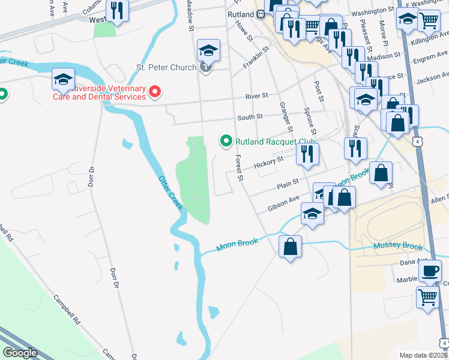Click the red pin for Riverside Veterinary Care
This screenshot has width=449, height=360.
[155, 92]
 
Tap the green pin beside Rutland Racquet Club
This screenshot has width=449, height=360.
[226, 142]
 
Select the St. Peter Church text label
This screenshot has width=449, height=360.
[166, 67]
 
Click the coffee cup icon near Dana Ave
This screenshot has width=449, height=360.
[429, 270]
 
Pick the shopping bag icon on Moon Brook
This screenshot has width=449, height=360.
[290, 246]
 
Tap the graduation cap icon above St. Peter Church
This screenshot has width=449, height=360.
[208, 50]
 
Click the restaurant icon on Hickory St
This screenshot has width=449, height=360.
[308, 154]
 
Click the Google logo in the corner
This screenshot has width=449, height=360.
[20, 353]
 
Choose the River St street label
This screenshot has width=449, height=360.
[256, 96]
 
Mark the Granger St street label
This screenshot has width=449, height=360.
[285, 116]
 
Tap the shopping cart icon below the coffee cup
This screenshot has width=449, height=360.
[427, 296]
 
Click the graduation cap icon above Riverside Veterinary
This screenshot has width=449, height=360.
[63, 79]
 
